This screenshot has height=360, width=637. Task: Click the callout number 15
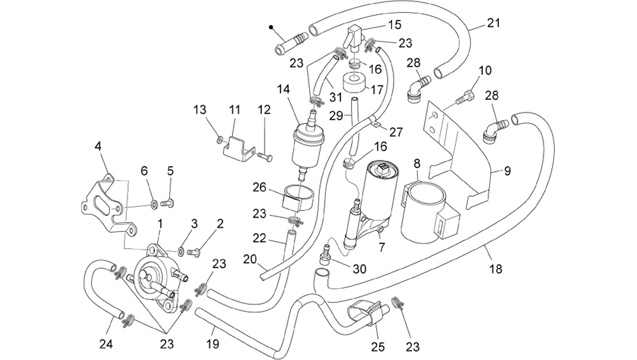click(x=394, y=25)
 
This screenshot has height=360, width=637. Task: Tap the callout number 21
click(x=493, y=23)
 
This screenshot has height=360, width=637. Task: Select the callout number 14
click(x=283, y=89)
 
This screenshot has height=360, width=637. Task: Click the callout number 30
click(x=360, y=269)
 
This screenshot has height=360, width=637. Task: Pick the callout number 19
click(x=212, y=344)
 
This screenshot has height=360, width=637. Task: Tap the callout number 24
click(x=106, y=344)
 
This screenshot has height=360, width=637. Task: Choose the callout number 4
click(x=98, y=146)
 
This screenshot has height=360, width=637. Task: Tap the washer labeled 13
click(x=219, y=140)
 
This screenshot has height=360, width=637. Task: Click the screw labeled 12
click(x=265, y=156)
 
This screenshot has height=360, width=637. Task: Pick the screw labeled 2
click(x=192, y=252)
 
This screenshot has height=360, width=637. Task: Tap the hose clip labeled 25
click(x=367, y=312)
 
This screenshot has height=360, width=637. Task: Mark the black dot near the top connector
click(x=270, y=28)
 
